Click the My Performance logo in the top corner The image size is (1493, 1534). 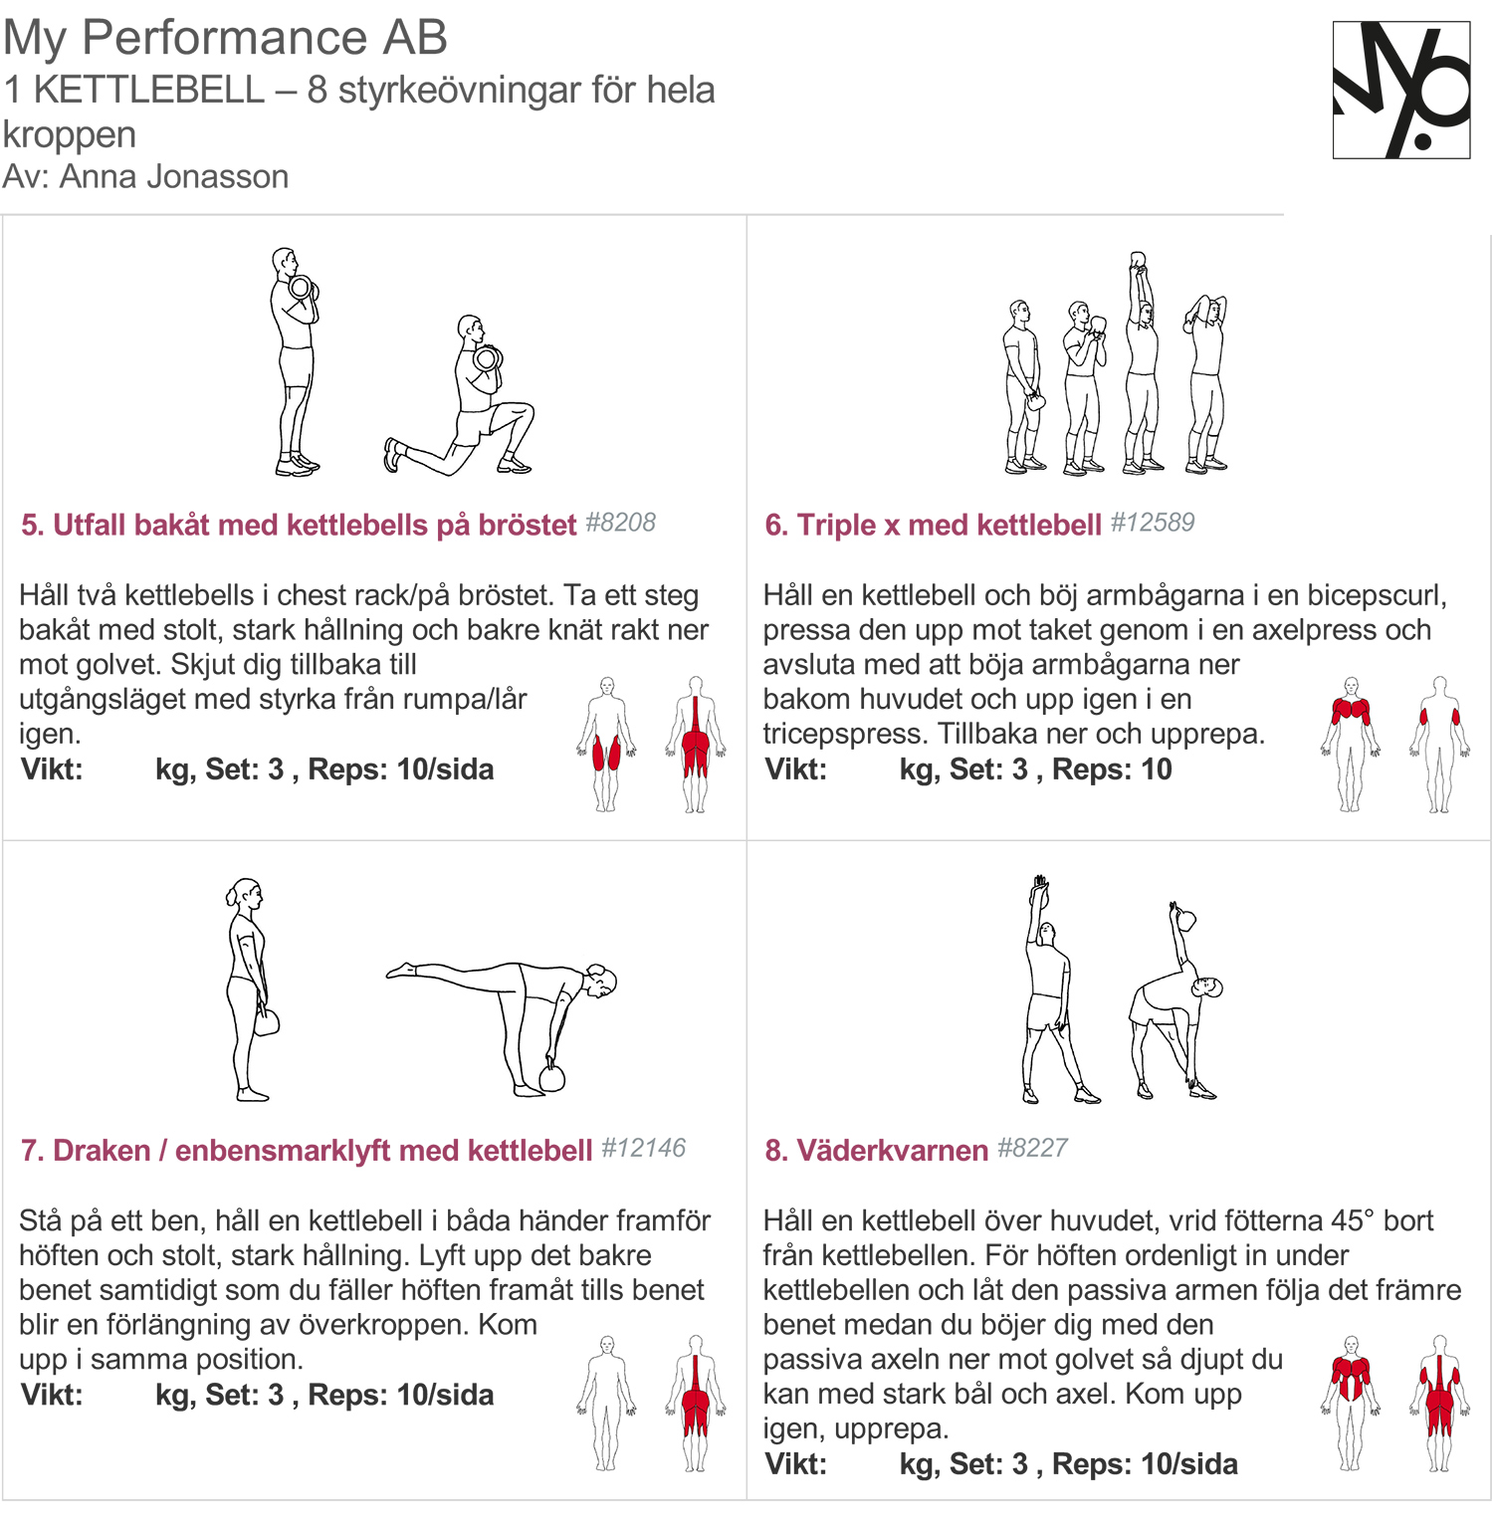coord(1400,90)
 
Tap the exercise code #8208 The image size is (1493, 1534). coord(620,523)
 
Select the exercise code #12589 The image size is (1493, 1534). coord(1152,523)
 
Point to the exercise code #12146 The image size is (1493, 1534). coord(643,1148)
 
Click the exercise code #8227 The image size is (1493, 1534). coord(1032,1148)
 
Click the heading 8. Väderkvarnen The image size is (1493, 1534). coord(876,1150)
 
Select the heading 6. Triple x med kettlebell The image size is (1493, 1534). coord(933,525)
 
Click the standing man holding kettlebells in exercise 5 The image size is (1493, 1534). coord(295,363)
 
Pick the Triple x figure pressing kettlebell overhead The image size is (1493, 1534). coord(1142,363)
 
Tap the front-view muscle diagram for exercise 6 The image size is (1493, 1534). coord(1351,744)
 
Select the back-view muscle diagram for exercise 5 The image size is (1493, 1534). coord(696,744)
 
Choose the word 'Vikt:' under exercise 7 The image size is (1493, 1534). coord(52,1395)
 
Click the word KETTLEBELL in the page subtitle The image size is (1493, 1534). coord(149,90)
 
